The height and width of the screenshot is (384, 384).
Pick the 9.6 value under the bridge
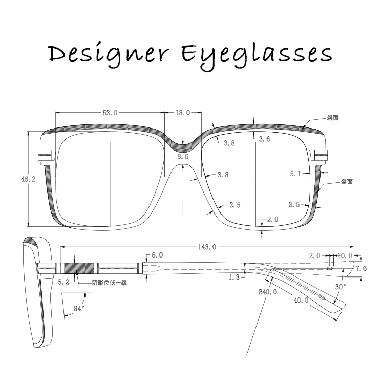click(x=183, y=156)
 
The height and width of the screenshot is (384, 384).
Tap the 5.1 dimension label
click(x=295, y=174)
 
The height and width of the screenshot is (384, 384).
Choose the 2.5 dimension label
click(x=234, y=205)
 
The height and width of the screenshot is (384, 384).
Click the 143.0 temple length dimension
click(x=206, y=247)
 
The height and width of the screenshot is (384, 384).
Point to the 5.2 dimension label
click(x=63, y=282)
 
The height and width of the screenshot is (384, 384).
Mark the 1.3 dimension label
click(x=234, y=277)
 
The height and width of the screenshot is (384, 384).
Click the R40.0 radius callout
click(x=267, y=292)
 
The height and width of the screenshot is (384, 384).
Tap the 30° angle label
click(x=340, y=287)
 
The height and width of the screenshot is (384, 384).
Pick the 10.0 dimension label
click(x=345, y=255)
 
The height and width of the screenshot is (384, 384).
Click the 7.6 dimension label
click(x=361, y=268)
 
